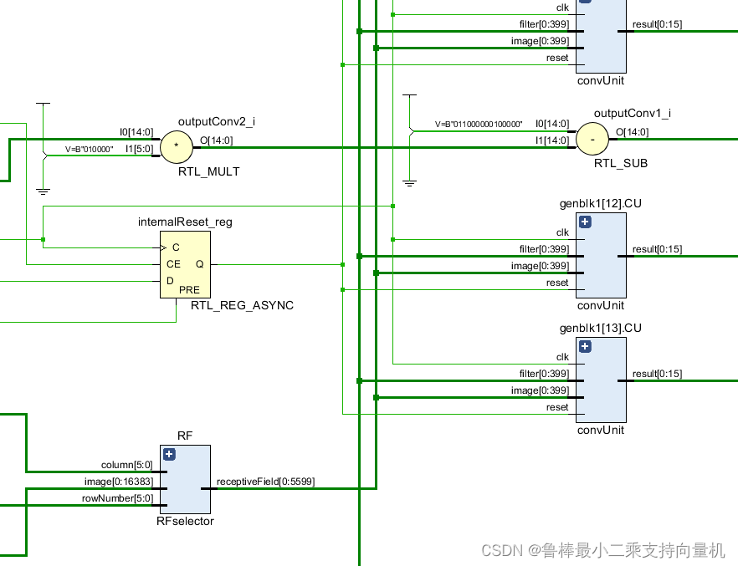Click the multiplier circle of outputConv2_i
[176, 146]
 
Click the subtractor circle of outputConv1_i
[592, 139]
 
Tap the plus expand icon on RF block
[169, 455]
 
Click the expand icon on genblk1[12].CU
[585, 222]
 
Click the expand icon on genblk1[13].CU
[585, 347]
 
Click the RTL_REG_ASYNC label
[242, 306]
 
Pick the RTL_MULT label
[208, 171]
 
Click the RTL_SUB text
[620, 163]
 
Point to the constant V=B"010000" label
[90, 149]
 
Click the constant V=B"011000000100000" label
[478, 124]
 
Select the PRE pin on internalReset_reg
[190, 290]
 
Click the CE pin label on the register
[173, 264]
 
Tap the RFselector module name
[185, 521]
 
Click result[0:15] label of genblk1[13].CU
[657, 374]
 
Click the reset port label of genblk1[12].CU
[557, 283]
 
